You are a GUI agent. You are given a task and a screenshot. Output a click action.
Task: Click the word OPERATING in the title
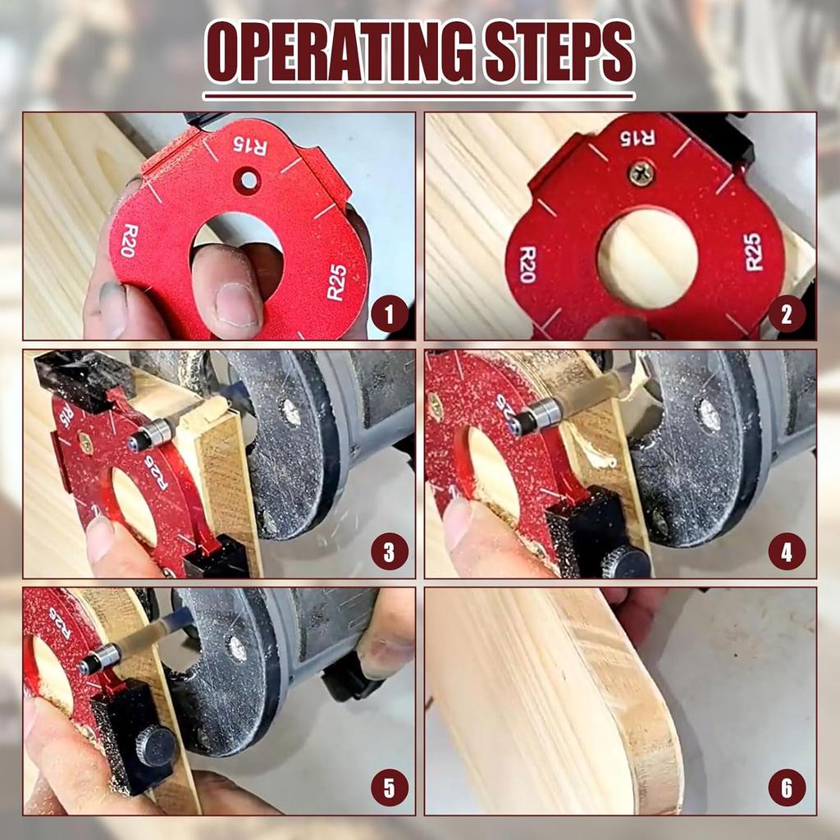tap(338, 52)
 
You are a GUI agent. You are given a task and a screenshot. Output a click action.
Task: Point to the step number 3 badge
tap(389, 554)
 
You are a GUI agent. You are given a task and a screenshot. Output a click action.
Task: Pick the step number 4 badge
tap(787, 554)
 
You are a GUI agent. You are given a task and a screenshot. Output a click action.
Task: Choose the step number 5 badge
tap(389, 790)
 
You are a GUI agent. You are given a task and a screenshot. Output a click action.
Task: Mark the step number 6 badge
tap(787, 790)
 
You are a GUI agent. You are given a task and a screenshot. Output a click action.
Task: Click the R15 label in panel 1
tap(250, 146)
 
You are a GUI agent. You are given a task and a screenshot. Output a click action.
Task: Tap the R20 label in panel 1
tap(129, 240)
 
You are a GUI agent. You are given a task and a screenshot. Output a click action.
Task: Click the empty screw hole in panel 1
tap(246, 180)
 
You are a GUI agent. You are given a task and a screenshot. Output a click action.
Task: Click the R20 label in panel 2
tap(527, 264)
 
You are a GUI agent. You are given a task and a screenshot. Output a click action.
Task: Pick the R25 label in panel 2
tap(753, 252)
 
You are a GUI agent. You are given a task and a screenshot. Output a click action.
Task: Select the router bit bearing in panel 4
tap(534, 417)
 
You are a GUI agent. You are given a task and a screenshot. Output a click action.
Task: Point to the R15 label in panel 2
tap(638, 136)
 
